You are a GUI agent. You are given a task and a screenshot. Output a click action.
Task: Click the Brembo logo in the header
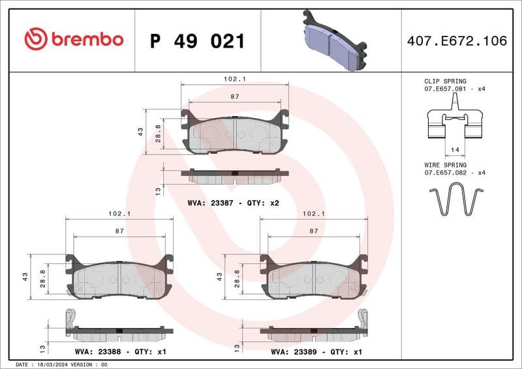74,40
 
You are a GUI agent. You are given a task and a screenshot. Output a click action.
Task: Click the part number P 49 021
197,41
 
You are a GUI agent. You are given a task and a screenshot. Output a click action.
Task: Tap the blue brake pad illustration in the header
333,42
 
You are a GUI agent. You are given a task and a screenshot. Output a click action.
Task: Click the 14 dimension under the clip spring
455,150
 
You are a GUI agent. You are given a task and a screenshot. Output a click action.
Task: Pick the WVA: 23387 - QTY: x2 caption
233,203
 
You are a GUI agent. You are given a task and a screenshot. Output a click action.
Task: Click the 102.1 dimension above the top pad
234,79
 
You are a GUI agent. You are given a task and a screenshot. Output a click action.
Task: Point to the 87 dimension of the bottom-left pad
119,231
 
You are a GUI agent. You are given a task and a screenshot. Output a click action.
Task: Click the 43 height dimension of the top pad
140,132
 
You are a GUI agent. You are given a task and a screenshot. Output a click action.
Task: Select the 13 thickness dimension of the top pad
157,190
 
